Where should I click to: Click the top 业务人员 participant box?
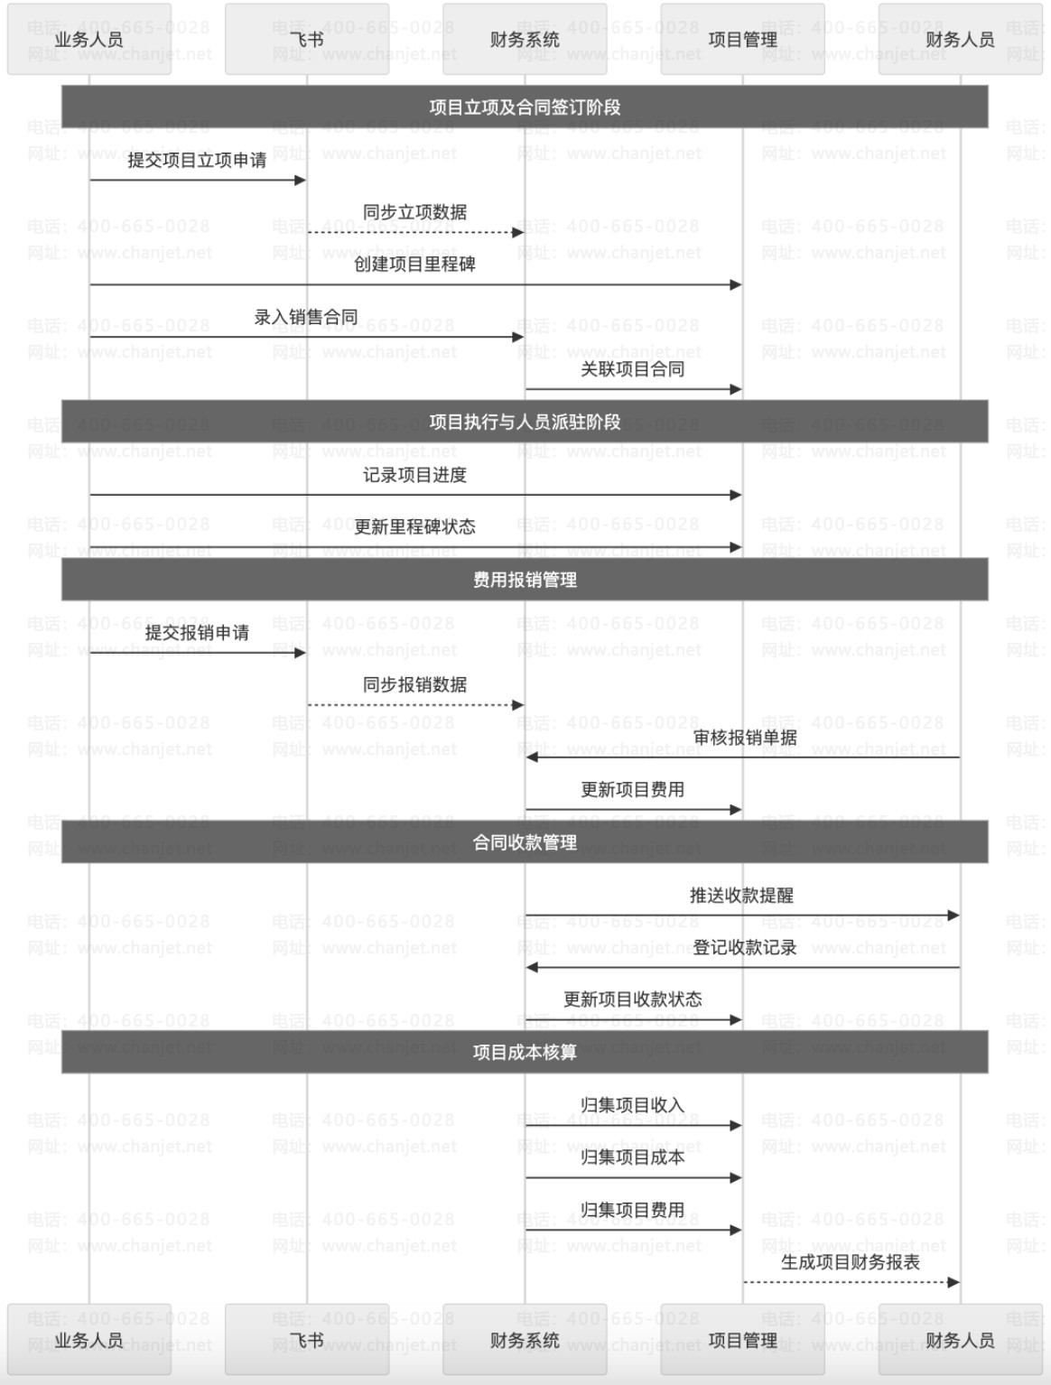point(89,39)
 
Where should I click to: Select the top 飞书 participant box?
point(307,39)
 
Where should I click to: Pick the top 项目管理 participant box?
point(742,39)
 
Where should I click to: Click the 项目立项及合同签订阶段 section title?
point(525,107)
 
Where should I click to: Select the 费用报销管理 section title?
point(525,580)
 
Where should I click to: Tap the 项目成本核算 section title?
point(525,1052)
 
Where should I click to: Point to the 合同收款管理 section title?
point(525,842)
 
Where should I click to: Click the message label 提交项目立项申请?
point(197,161)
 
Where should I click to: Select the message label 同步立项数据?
point(414,212)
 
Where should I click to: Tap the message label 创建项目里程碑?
point(414,265)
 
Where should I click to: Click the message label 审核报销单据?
point(744,737)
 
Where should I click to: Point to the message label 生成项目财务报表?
point(851,1262)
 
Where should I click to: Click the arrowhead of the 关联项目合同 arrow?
point(736,389)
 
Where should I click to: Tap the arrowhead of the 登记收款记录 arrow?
point(532,967)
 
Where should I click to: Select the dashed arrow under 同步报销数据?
point(416,705)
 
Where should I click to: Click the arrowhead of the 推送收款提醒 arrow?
point(953,915)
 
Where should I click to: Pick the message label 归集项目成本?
point(632,1157)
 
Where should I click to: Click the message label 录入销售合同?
point(306,317)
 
